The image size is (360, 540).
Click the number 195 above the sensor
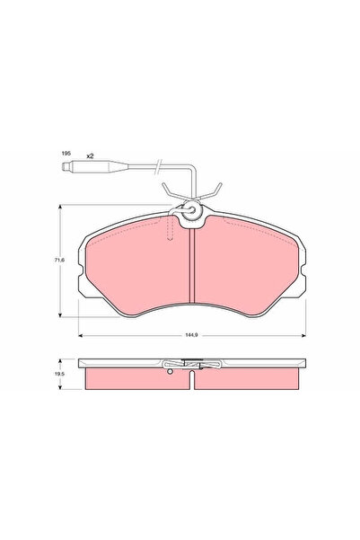[66, 154]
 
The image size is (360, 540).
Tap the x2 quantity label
[90, 156]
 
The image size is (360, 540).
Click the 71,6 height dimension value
[59, 261]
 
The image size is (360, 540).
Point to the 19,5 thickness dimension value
[59, 373]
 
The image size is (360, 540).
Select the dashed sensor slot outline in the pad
[170, 227]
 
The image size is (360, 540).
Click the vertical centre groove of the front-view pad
[192, 266]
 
